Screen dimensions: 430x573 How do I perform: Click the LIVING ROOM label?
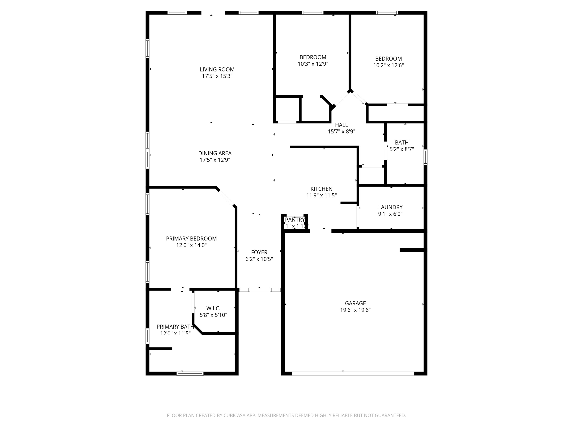[217, 69]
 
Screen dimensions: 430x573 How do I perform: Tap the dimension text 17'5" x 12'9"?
[215, 160]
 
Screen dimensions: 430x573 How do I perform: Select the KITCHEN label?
[321, 189]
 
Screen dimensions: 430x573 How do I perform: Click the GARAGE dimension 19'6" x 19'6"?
[355, 310]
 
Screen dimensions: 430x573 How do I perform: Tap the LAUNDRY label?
[390, 207]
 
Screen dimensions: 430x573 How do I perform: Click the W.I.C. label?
[213, 308]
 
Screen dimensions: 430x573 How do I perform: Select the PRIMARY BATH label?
[175, 327]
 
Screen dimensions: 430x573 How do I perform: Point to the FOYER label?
[259, 252]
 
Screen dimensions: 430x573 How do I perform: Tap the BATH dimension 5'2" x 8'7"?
[401, 149]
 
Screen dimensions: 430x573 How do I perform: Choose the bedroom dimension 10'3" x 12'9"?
[313, 64]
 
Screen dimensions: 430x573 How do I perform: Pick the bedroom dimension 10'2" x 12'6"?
[388, 65]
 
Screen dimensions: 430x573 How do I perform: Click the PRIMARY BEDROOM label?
[191, 239]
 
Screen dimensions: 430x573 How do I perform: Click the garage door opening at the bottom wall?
[353, 373]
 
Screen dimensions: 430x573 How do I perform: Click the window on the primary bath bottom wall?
[190, 373]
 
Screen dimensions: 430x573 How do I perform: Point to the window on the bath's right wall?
[425, 157]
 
